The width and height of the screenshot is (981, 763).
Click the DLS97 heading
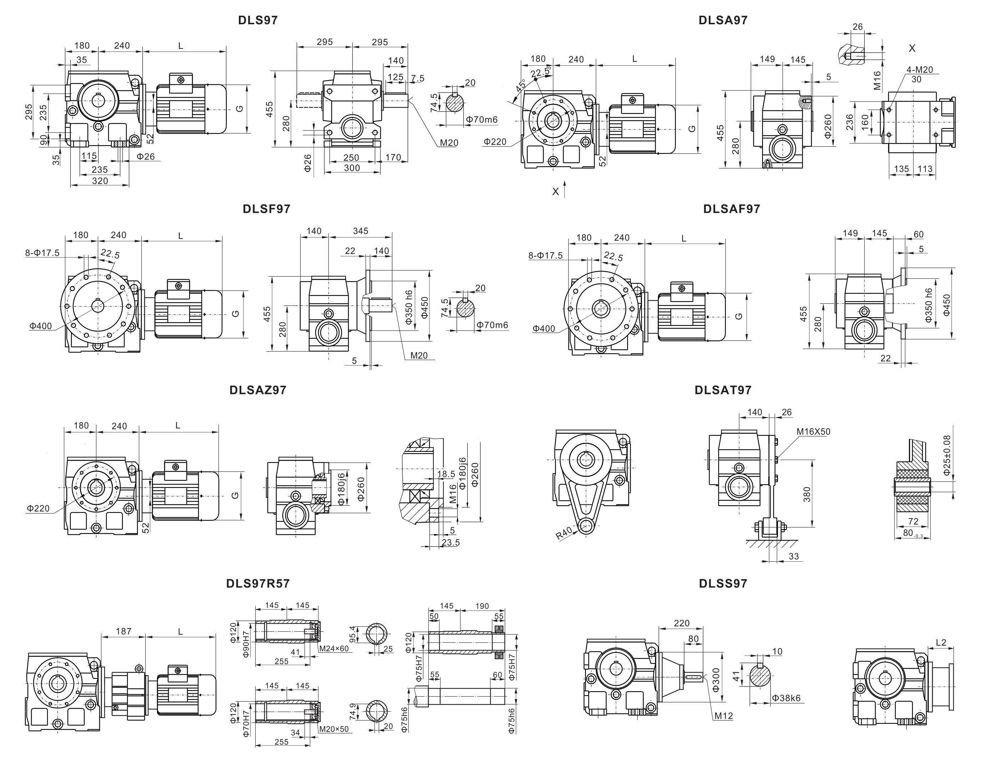click(x=258, y=20)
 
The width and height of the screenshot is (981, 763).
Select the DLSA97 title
click(x=723, y=20)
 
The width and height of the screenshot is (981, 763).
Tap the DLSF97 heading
click(x=266, y=209)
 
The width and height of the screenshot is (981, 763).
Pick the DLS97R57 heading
click(x=258, y=583)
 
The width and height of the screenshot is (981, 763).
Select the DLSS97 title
click(x=723, y=583)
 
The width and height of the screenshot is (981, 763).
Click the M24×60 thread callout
click(x=334, y=648)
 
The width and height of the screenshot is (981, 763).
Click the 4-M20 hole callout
click(x=920, y=70)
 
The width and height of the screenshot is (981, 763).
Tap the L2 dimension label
click(x=941, y=643)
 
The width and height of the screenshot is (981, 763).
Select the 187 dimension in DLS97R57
click(x=124, y=631)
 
